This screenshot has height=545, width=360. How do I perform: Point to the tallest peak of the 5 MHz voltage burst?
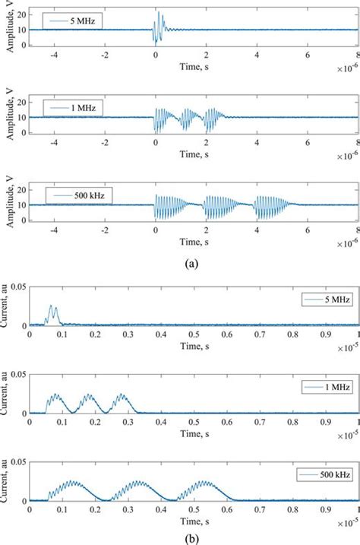(x=159, y=13)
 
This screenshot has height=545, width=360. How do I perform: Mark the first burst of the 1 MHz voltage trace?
(x=162, y=119)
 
